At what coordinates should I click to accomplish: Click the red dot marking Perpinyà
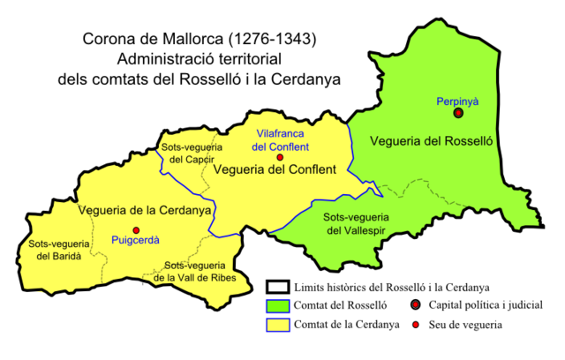(x=458, y=113)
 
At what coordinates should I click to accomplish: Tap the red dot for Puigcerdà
(x=136, y=229)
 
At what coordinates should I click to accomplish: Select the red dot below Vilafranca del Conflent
(x=280, y=157)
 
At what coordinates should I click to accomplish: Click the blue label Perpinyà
(x=457, y=101)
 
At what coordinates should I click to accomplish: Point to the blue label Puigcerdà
(x=134, y=240)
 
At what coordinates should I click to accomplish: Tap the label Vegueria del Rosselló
(x=430, y=141)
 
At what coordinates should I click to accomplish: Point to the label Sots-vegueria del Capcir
(x=192, y=153)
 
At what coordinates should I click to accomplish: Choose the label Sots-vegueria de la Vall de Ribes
(x=192, y=271)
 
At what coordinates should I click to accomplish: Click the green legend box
(x=278, y=306)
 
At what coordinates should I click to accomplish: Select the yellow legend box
(x=278, y=325)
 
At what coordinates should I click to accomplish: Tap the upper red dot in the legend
(x=415, y=305)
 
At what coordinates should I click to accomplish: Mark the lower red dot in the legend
(x=415, y=325)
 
